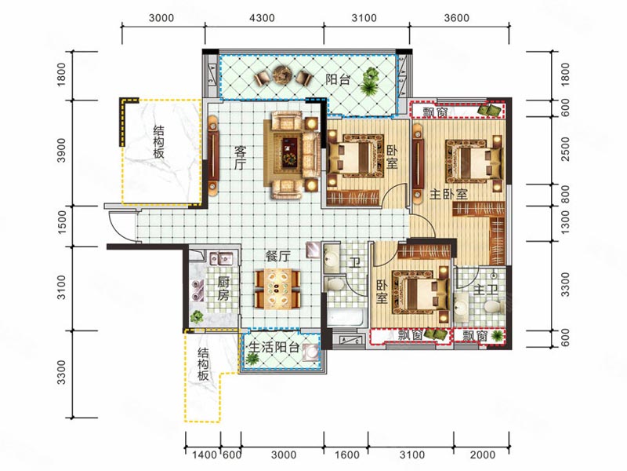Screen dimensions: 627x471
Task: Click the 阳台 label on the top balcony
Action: click(x=338, y=79)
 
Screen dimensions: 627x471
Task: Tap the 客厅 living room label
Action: click(x=240, y=159)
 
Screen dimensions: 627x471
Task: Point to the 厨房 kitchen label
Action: click(x=223, y=289)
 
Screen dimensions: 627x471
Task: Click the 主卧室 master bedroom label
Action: click(x=448, y=195)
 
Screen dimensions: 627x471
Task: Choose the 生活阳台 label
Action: click(x=274, y=347)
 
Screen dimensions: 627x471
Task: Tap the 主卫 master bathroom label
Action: click(x=485, y=290)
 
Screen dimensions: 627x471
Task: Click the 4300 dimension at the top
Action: click(x=262, y=18)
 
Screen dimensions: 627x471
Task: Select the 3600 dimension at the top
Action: click(x=457, y=18)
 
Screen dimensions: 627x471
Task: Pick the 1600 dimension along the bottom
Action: click(x=346, y=455)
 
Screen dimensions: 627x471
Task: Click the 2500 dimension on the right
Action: click(x=565, y=149)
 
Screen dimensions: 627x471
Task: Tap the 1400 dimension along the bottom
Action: click(x=205, y=455)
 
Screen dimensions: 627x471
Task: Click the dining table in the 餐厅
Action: click(x=277, y=289)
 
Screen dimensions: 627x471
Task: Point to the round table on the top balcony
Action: click(x=282, y=75)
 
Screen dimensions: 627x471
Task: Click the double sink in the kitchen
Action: click(x=221, y=258)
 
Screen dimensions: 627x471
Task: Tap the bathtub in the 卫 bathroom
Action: click(x=346, y=318)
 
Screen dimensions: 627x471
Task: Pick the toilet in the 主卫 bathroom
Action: click(x=494, y=307)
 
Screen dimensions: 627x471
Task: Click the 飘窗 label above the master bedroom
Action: click(x=436, y=112)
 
